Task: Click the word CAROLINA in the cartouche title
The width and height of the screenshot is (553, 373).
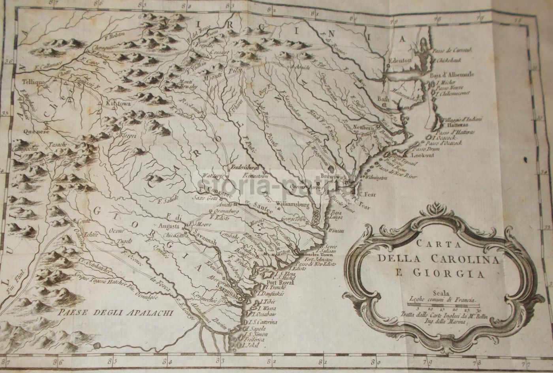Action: coord(452,259)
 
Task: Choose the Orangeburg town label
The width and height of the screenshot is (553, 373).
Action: coord(226,210)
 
